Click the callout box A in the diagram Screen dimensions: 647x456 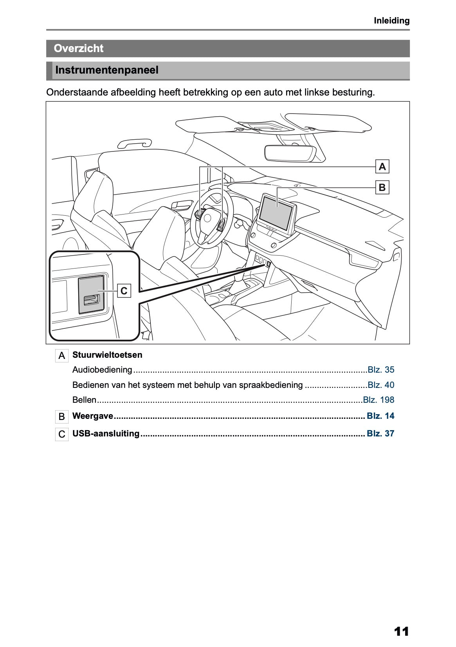[382, 167]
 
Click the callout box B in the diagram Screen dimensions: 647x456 [382, 187]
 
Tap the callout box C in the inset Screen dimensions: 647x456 [124, 291]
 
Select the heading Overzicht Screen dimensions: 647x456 [79, 49]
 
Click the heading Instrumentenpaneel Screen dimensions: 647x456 [107, 70]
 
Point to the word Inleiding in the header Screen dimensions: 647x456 [391, 21]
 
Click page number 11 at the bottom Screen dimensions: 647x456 [401, 631]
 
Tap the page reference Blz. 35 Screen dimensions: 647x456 [381, 370]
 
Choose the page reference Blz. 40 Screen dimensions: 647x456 [381, 385]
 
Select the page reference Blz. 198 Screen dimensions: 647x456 [378, 400]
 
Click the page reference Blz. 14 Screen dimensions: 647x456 [380, 416]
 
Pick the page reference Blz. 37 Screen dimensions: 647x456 [380, 434]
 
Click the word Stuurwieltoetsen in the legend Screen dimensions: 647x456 [107, 355]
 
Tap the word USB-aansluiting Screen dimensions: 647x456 [106, 434]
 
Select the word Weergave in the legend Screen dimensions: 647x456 [93, 416]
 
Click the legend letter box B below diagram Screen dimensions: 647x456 [61, 417]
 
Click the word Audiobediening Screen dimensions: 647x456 [102, 370]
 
